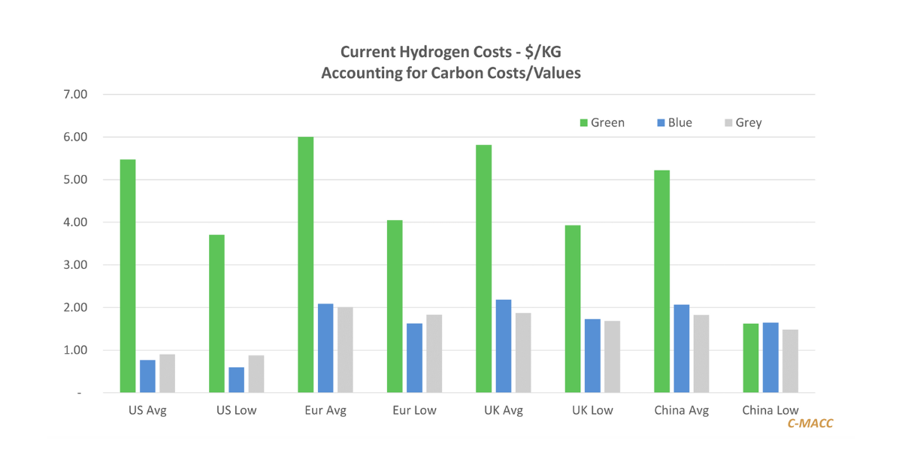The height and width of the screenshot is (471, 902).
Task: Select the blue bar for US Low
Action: (x=236, y=379)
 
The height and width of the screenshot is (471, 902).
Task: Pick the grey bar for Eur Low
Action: (x=434, y=353)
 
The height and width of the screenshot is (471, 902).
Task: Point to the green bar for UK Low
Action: (x=573, y=309)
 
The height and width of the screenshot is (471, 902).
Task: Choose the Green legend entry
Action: (x=601, y=122)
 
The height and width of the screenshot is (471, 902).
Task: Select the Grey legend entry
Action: (x=742, y=122)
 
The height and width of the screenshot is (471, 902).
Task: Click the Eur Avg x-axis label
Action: (x=325, y=411)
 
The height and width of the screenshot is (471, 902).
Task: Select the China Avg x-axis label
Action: (x=682, y=411)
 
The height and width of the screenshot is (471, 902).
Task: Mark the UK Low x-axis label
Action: (x=592, y=411)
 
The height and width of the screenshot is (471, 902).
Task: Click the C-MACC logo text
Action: (x=810, y=424)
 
